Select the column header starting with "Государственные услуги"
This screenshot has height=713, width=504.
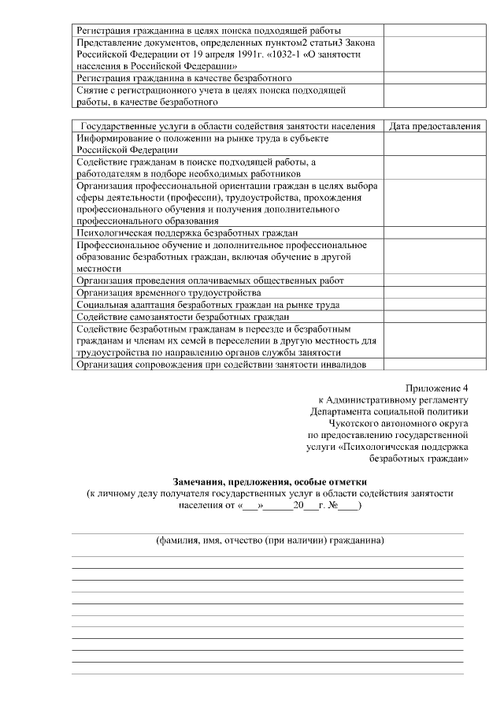(x=228, y=126)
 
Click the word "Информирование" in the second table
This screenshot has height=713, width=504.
(x=117, y=138)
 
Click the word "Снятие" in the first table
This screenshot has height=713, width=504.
(x=93, y=91)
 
